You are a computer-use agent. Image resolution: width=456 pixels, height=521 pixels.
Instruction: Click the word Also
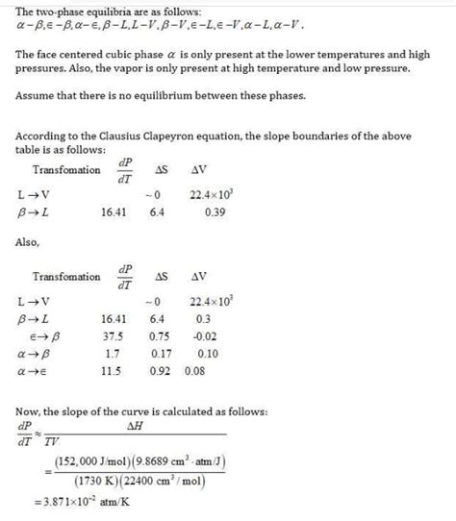(x=29, y=243)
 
